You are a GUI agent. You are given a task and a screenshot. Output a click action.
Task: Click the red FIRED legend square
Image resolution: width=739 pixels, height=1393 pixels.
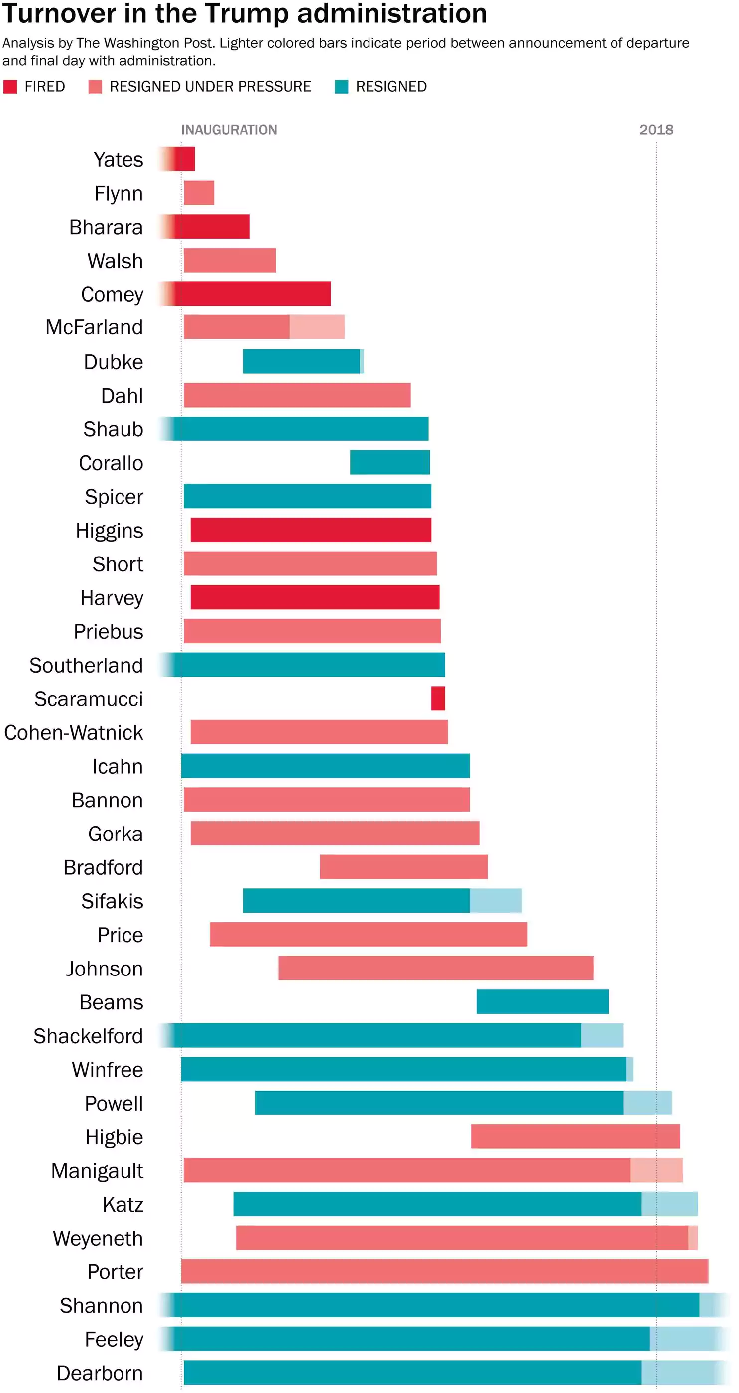tap(10, 87)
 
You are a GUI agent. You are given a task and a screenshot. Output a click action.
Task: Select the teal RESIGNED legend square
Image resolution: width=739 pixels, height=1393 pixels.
tap(341, 87)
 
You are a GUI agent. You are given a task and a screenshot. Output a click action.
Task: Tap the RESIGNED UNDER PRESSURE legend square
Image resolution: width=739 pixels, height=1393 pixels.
tap(95, 87)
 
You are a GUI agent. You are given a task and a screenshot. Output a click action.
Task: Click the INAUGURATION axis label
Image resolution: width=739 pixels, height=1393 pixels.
tap(229, 130)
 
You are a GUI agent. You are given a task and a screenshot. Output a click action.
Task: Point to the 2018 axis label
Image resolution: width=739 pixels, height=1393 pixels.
tap(656, 130)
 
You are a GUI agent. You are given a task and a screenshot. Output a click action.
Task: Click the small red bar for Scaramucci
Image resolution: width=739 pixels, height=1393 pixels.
tap(438, 698)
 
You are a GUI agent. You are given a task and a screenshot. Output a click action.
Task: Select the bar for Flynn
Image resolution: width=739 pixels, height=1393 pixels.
tap(199, 193)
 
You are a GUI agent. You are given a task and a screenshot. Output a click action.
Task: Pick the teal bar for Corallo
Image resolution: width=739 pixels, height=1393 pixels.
tap(390, 462)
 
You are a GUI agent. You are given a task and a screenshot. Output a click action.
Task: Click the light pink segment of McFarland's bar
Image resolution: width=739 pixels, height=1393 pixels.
tap(317, 327)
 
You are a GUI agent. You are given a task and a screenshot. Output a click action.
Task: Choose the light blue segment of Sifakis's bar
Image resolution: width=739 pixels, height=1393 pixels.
tap(495, 900)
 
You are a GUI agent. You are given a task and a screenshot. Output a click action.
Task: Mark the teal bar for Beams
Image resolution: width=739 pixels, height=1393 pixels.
tap(542, 1001)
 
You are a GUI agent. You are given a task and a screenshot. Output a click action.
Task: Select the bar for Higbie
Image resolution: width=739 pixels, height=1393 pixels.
tap(575, 1136)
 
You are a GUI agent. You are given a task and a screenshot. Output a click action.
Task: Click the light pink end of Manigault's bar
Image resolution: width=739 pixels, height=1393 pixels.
tap(656, 1170)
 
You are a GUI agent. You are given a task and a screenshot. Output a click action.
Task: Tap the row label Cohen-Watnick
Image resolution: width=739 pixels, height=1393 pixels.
tap(74, 733)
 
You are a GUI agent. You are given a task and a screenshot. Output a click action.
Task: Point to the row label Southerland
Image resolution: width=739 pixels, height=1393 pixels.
tap(86, 665)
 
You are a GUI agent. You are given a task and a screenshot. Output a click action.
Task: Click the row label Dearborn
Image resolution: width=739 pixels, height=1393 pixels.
tap(100, 1373)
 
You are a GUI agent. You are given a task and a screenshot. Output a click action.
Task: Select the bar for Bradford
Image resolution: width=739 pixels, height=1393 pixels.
tap(403, 867)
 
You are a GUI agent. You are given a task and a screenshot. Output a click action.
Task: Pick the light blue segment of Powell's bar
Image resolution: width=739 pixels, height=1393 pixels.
tap(647, 1103)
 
